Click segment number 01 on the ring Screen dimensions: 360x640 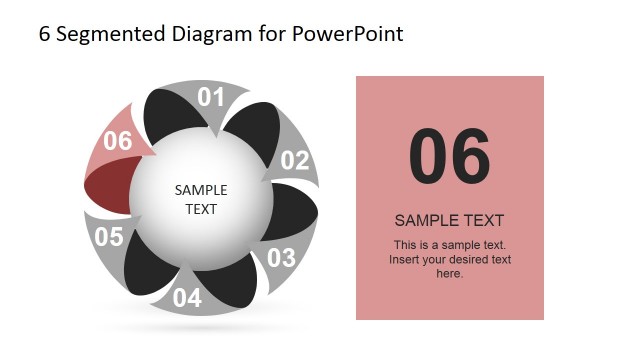pos(211,97)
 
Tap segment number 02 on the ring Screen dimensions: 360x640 pos(295,160)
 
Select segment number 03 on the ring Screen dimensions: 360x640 pos(281,257)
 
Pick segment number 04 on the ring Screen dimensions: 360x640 pos(187,297)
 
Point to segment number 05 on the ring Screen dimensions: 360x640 pos(109,237)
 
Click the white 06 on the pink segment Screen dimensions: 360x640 pos(118,141)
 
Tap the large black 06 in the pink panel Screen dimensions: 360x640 pos(450,157)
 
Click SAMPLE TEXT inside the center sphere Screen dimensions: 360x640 pos(201,199)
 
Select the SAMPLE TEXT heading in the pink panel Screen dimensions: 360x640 pos(449,220)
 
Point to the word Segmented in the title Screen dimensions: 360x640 pos(102,34)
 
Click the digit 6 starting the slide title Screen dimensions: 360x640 pos(44,34)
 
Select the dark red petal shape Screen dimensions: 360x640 pos(105,187)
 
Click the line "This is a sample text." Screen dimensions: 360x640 pos(450,245)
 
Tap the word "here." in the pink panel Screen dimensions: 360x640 pos(450,273)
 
